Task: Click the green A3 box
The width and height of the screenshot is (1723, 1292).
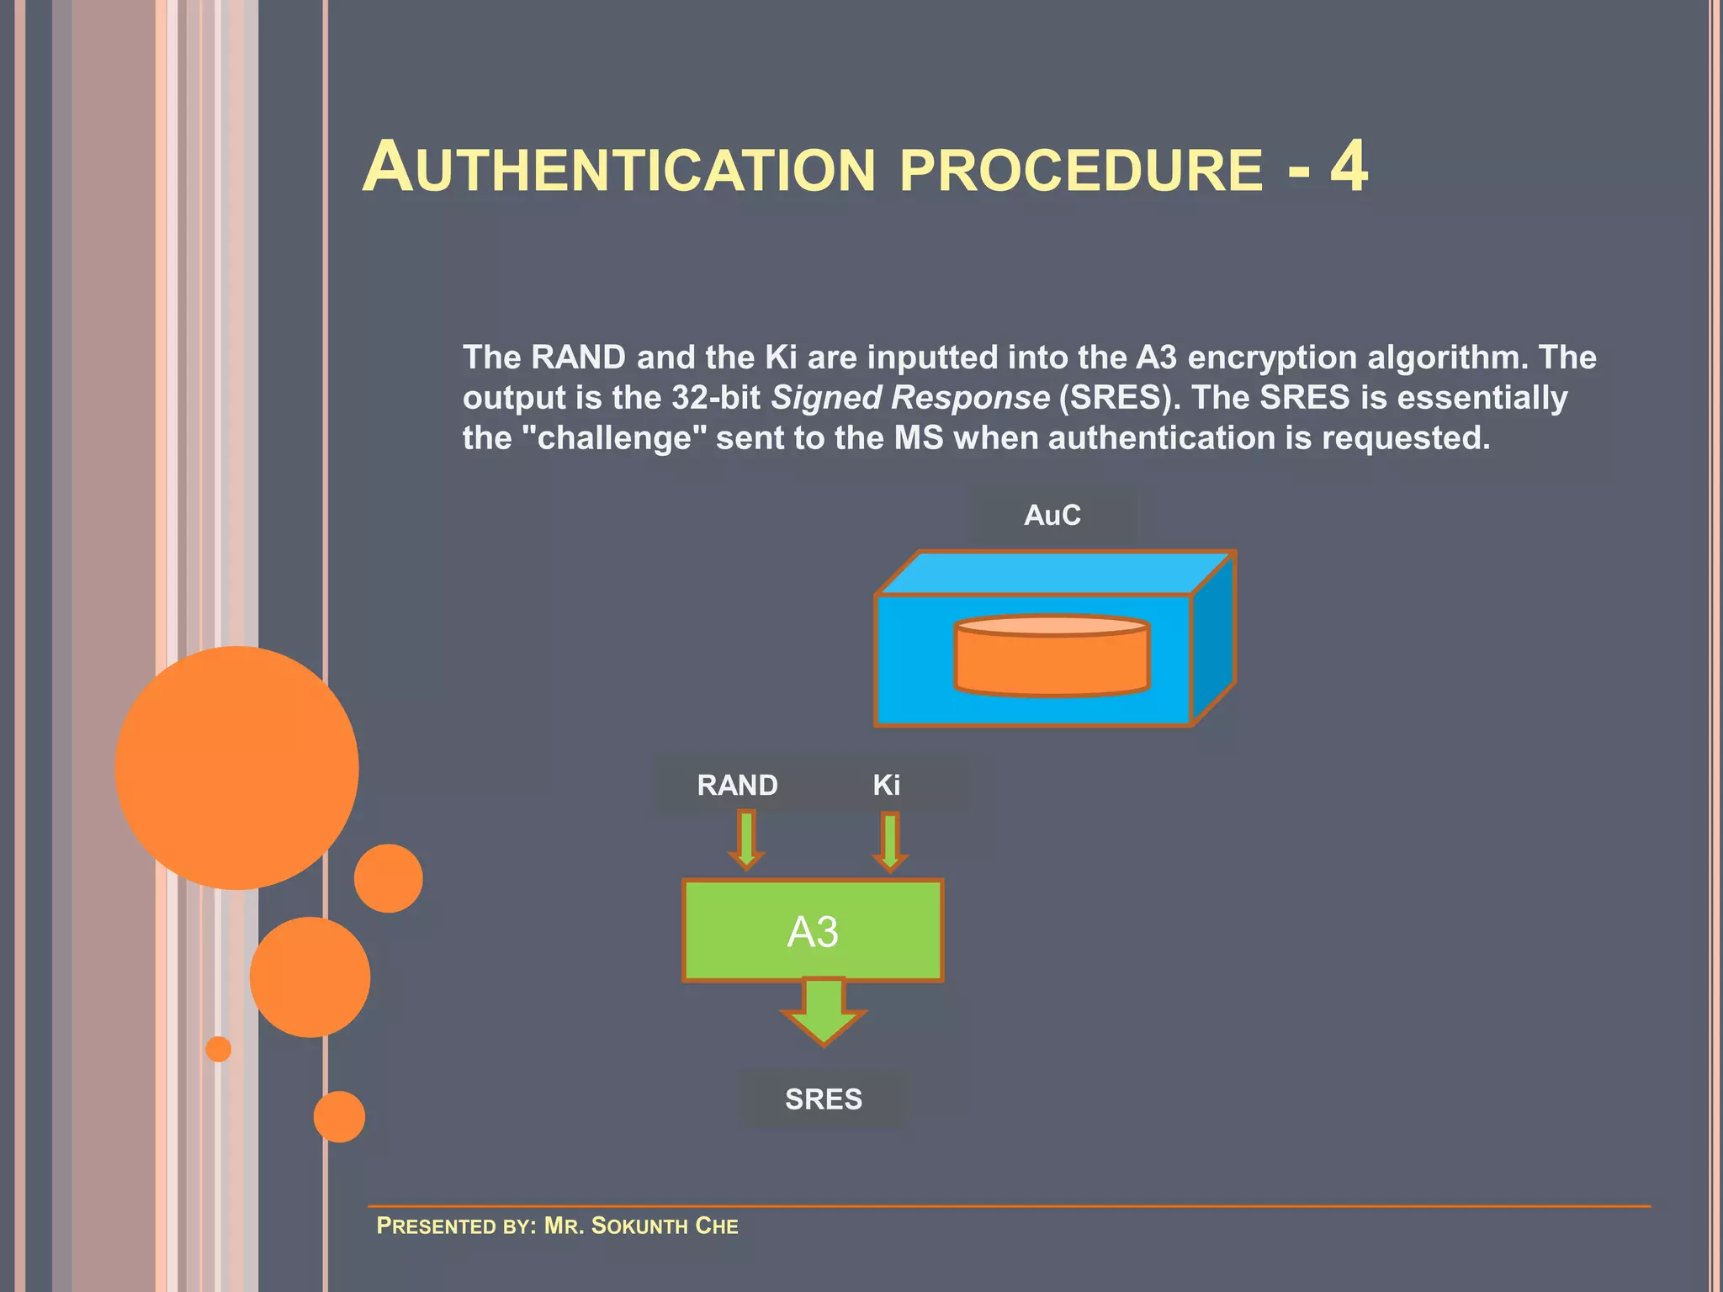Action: (813, 930)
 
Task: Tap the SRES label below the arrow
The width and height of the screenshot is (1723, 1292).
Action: (824, 1099)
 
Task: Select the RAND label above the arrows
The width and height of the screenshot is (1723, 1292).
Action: (737, 785)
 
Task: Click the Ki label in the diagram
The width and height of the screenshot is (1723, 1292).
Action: (886, 785)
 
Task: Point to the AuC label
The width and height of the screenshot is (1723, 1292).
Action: (1052, 515)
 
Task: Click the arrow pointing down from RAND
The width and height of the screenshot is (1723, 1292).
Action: (746, 839)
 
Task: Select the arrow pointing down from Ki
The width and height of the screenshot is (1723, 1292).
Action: (890, 841)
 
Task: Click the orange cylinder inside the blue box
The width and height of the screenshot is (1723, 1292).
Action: (1052, 656)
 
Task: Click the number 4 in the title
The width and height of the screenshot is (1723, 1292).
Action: (1349, 167)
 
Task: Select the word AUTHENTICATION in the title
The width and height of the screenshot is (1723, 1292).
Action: (619, 168)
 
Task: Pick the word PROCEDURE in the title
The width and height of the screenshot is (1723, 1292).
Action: (1081, 170)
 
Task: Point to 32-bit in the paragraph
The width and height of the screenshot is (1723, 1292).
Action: (716, 397)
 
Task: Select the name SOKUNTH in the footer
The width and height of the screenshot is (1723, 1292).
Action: (639, 1226)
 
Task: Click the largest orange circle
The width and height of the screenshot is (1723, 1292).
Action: (236, 767)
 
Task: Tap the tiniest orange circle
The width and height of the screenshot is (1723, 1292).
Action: (219, 1049)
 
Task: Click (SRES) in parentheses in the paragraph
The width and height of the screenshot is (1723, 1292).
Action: (1116, 397)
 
